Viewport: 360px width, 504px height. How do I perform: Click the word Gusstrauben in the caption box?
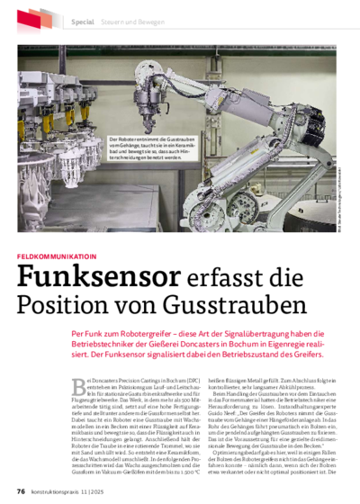(x=174, y=140)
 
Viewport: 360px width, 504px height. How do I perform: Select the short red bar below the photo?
(x=57, y=257)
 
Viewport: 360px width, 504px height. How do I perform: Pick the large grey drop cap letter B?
(x=78, y=387)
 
